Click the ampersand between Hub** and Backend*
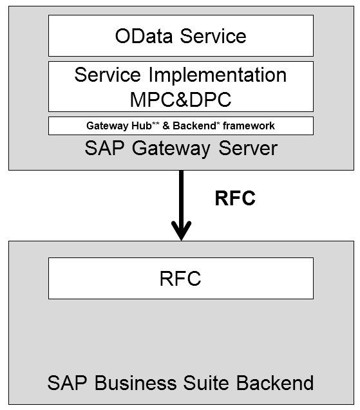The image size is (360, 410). pos(167,126)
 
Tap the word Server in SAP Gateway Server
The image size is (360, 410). pos(247,149)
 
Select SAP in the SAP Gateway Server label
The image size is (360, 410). pos(103,149)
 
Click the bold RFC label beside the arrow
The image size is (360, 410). pos(234,199)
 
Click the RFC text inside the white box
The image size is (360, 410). pos(180,279)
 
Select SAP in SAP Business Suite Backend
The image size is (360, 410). pos(66,383)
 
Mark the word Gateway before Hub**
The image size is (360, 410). pos(106,126)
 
